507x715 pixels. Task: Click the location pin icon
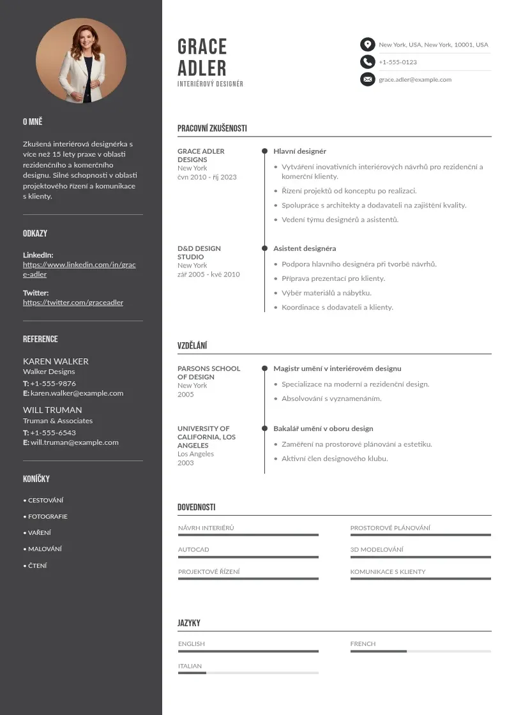tap(367, 45)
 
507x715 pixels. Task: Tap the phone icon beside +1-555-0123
tap(367, 62)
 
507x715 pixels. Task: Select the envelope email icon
tap(367, 80)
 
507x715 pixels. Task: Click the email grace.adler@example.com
tap(415, 80)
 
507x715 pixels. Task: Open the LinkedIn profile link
tap(79, 269)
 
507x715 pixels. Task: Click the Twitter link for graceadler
tap(73, 303)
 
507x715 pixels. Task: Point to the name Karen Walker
tap(56, 361)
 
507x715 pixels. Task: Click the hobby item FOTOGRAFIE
tap(47, 516)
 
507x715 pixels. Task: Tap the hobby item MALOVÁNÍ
tap(45, 549)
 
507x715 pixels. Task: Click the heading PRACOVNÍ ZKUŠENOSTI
tap(212, 128)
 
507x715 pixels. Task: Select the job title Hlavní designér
tap(299, 151)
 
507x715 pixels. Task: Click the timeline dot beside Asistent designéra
tap(264, 248)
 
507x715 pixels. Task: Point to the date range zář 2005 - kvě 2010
tap(208, 275)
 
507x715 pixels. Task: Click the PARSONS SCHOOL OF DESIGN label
tap(209, 373)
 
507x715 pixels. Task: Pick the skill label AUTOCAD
tap(193, 550)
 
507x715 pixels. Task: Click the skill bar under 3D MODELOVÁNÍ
tap(420, 557)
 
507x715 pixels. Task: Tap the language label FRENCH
tap(363, 644)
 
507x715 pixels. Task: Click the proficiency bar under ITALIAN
tap(248, 673)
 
